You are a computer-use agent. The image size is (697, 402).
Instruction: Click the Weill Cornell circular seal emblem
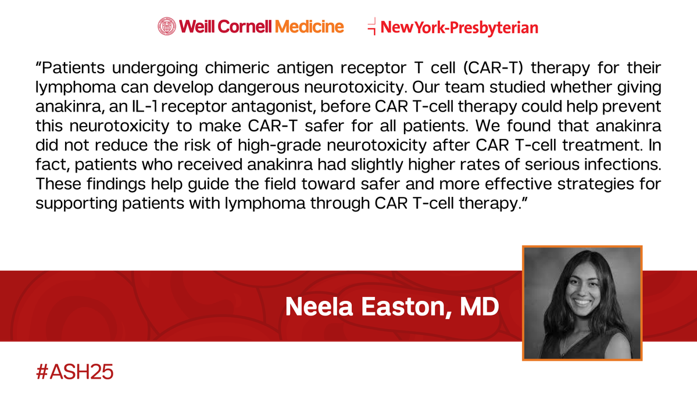(167, 26)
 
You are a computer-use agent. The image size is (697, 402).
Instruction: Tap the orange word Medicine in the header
(309, 27)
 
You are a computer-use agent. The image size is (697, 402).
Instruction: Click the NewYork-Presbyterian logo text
(459, 27)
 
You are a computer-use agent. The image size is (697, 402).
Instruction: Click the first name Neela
(319, 307)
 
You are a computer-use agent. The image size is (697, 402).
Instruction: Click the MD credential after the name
(479, 307)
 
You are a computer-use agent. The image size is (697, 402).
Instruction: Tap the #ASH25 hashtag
(74, 371)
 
